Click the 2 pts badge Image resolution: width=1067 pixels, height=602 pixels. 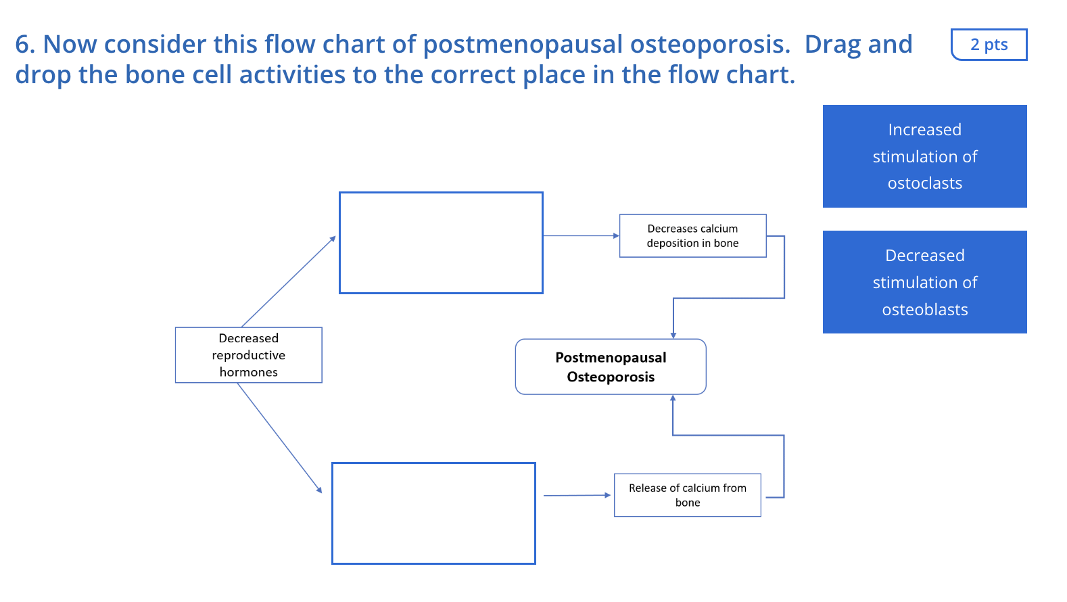(989, 45)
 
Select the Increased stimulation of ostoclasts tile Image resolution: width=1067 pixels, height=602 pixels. (924, 156)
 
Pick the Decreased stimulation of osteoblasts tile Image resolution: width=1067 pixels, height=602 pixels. (924, 282)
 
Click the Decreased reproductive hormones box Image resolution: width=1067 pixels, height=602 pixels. (248, 355)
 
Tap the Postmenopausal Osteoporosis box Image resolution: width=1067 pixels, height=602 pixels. (611, 367)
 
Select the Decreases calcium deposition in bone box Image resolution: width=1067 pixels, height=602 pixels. (692, 236)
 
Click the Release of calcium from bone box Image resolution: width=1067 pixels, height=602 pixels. (687, 495)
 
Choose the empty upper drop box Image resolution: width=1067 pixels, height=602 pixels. (441, 243)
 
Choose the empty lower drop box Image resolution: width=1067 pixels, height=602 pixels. (433, 513)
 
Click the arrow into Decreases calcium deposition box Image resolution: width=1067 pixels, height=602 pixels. (581, 236)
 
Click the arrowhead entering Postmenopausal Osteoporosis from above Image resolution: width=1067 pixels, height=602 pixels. (673, 334)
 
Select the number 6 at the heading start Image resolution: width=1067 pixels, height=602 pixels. (22, 45)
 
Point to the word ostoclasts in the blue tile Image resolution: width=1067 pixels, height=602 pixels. (924, 183)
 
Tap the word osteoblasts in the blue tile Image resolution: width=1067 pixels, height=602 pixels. (924, 310)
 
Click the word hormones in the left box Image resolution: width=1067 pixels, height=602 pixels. (248, 372)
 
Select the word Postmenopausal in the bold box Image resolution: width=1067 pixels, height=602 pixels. (611, 357)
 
